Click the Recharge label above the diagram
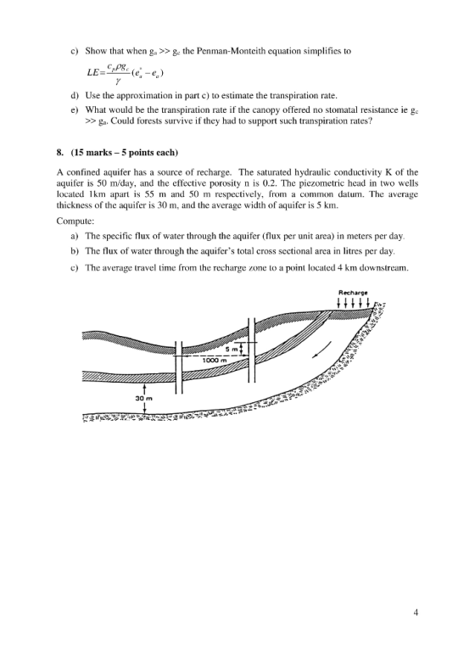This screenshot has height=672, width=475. click(x=353, y=293)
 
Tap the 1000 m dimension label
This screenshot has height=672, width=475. click(x=214, y=360)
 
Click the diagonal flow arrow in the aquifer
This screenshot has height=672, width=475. click(x=321, y=350)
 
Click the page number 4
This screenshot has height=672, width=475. click(x=416, y=613)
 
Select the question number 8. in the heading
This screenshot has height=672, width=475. click(x=60, y=153)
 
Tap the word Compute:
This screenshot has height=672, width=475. click(x=75, y=221)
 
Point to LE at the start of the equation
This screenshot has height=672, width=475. click(x=92, y=72)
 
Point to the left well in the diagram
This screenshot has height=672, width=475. click(x=179, y=367)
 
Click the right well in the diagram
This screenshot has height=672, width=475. click(x=252, y=350)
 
